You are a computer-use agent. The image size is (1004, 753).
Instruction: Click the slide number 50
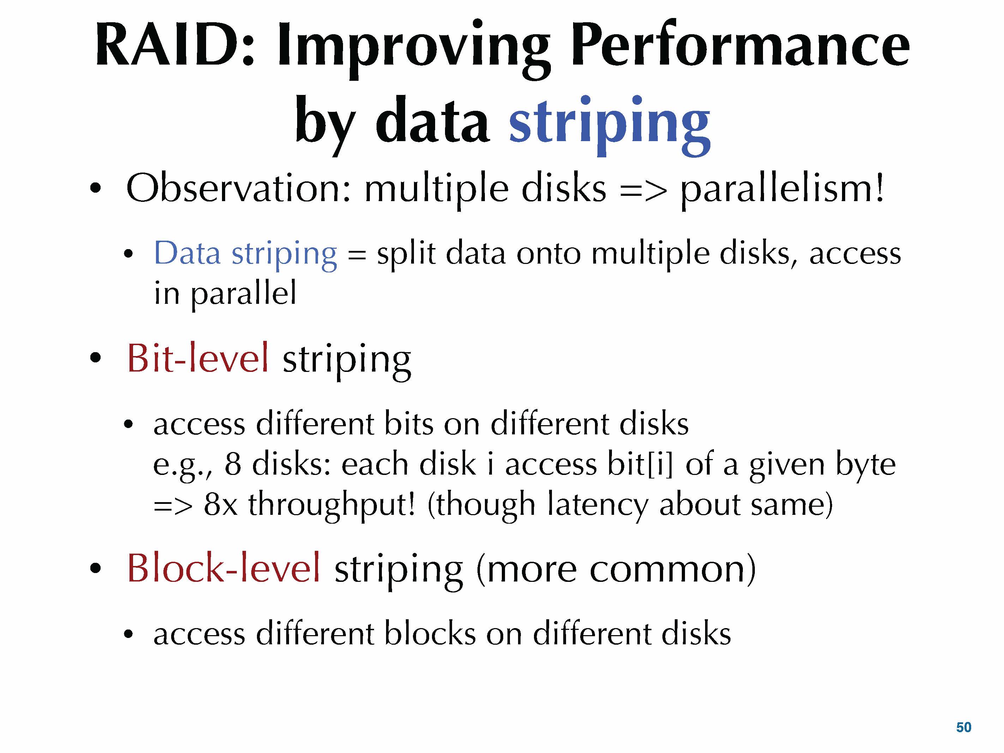[x=964, y=727]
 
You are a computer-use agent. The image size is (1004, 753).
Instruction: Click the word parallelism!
[x=782, y=190]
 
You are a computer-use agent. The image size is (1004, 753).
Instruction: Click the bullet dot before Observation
[x=95, y=188]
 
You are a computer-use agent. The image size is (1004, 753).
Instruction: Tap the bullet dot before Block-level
[x=95, y=568]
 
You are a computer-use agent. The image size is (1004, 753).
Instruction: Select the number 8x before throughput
[x=221, y=505]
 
